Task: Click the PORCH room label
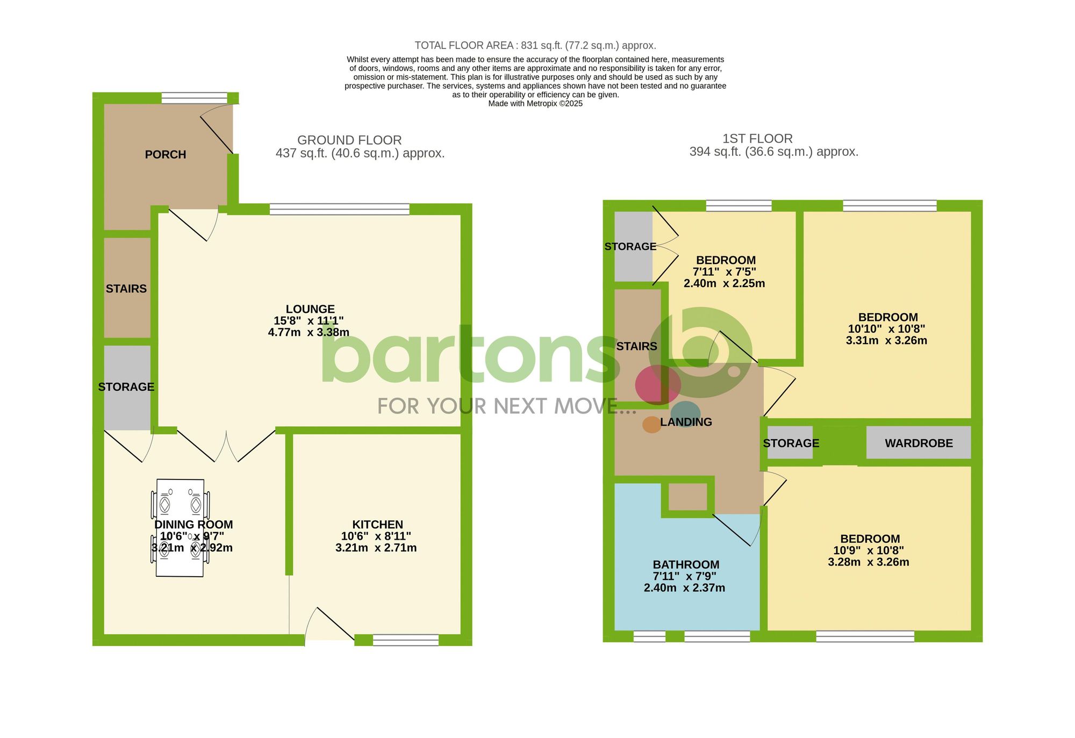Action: (x=165, y=155)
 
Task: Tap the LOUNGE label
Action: (x=310, y=309)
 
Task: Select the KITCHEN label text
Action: (x=377, y=525)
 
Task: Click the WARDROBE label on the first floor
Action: (x=919, y=443)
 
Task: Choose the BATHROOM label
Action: (x=686, y=564)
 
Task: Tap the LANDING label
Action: (x=686, y=422)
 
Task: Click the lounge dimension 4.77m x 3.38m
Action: (x=309, y=333)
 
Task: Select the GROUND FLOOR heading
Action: (x=349, y=140)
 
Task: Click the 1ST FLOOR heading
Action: (x=757, y=139)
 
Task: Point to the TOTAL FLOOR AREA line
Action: (x=535, y=46)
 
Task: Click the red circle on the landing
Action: (x=657, y=385)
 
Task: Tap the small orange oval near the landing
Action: (x=651, y=425)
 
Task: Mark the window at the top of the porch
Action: (x=194, y=98)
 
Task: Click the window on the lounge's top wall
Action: (x=339, y=209)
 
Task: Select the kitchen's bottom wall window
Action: (x=405, y=640)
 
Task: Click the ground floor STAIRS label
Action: (x=126, y=289)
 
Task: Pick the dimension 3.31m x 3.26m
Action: (x=886, y=341)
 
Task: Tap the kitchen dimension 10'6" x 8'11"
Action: (x=376, y=536)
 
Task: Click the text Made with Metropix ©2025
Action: (x=535, y=104)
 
